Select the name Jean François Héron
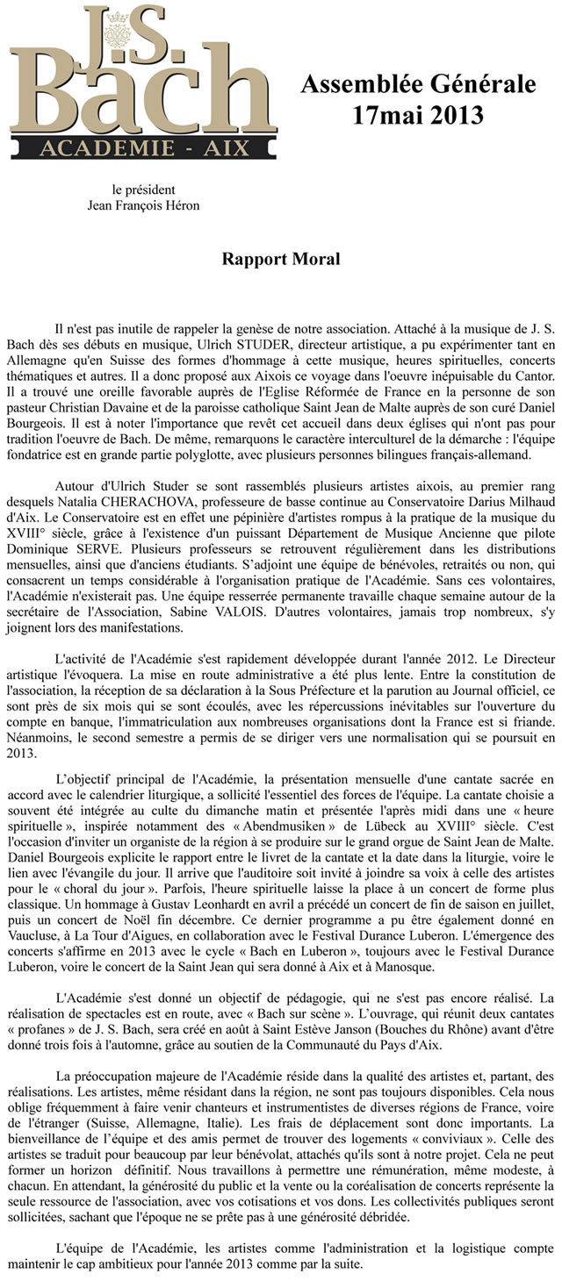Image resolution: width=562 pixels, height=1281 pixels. [143, 205]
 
